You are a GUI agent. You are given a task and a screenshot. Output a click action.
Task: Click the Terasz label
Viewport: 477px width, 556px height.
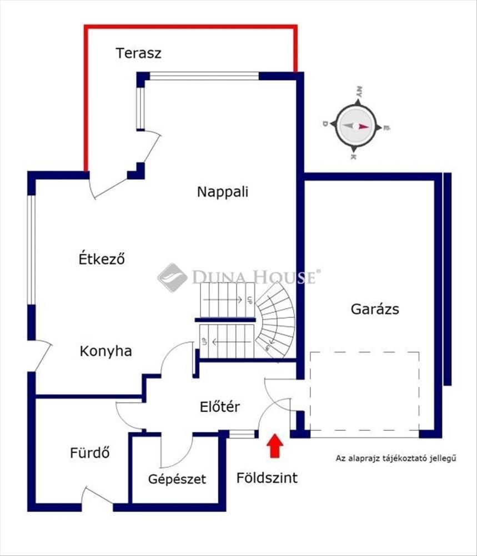click(138, 53)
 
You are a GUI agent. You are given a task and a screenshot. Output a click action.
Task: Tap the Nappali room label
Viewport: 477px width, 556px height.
click(223, 192)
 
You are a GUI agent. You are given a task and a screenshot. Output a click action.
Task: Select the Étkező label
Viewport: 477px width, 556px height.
click(101, 259)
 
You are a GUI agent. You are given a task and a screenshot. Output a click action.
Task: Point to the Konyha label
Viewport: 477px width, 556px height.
click(106, 351)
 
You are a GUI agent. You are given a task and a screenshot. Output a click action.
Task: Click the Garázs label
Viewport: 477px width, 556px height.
click(375, 309)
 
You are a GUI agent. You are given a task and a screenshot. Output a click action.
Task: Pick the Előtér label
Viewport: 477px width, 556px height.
click(220, 407)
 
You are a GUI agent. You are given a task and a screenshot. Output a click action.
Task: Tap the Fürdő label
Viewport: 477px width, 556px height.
click(89, 453)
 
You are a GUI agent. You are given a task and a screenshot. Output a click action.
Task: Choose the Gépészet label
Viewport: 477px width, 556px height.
click(177, 479)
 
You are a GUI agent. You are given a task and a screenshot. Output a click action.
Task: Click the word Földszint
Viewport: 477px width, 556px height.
click(267, 478)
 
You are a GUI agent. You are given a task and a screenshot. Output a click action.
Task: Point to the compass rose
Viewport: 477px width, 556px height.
click(356, 125)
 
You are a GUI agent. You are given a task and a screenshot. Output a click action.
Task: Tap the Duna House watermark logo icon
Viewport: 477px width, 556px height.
click(172, 277)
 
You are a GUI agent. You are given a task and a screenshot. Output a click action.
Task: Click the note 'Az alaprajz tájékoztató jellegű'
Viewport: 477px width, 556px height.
click(395, 459)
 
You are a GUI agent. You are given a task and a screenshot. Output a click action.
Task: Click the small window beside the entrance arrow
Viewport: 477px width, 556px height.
click(242, 434)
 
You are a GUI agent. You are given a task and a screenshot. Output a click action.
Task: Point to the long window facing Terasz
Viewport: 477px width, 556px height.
click(204, 76)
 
